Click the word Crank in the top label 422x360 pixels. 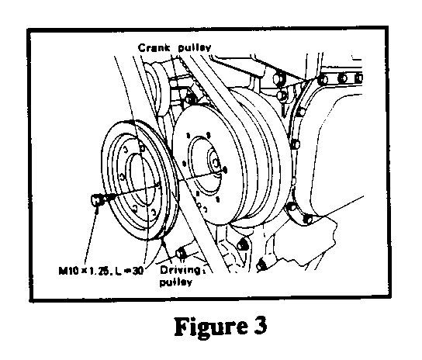tap(154, 47)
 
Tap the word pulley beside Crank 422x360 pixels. tap(195, 47)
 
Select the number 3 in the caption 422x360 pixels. tap(260, 325)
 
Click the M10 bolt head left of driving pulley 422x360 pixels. tap(95, 200)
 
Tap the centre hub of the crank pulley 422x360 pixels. tap(215, 162)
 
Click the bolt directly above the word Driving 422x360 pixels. tap(181, 253)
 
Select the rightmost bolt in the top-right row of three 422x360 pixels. tap(358, 78)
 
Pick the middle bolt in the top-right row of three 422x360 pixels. tap(343, 78)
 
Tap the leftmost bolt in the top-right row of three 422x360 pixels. tap(323, 80)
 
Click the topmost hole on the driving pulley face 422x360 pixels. tap(142, 147)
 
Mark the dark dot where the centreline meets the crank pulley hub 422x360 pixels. tap(225, 170)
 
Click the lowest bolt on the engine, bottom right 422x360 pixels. tap(261, 265)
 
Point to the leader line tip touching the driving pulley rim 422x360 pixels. tap(162, 239)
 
